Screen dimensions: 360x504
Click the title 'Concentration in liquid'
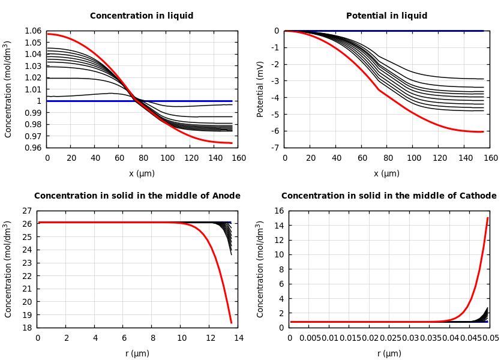coord(142,16)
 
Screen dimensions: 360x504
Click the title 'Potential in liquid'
coord(386,16)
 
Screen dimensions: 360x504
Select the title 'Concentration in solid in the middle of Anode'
coord(137,196)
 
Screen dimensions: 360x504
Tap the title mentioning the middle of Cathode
coord(389,196)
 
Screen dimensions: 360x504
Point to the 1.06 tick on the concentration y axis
coord(33,31)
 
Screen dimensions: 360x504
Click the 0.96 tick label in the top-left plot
coord(33,148)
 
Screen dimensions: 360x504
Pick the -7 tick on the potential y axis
coord(275,148)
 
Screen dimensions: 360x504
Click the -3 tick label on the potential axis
coord(275,81)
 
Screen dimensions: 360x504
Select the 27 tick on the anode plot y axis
coord(26,211)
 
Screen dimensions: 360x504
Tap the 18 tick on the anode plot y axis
coord(26,328)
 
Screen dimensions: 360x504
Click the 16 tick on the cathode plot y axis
coord(278,211)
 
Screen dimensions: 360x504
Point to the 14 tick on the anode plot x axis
coord(238,338)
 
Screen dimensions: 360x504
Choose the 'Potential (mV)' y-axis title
coord(260,89)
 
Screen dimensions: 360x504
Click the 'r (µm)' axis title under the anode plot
coord(137,353)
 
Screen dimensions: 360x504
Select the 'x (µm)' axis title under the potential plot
coord(386,173)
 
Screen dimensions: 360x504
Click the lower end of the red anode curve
coord(231,323)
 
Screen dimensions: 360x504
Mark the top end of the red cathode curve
coord(488,218)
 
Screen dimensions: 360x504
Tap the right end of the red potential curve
coord(483,131)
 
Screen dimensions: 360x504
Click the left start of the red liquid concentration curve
coord(48,34)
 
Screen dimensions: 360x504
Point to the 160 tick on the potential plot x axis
coord(490,158)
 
